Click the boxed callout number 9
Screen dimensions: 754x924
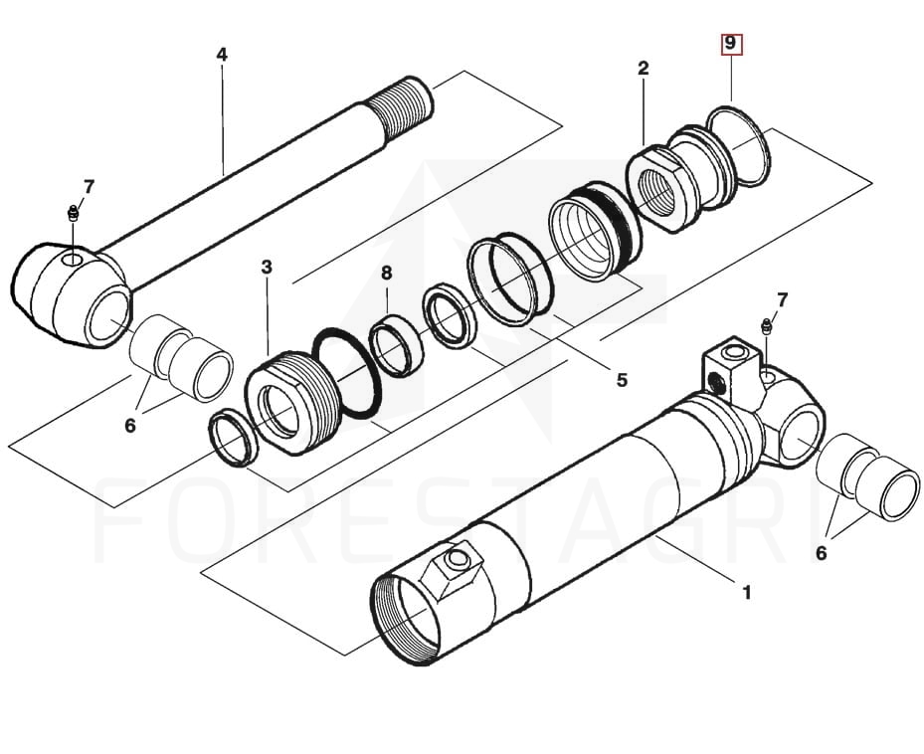coord(731,44)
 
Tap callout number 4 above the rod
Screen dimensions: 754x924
coord(222,54)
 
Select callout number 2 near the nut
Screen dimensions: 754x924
coord(644,69)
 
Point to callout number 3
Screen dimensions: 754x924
coord(267,268)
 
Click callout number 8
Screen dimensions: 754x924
coord(386,273)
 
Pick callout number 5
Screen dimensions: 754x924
coord(622,379)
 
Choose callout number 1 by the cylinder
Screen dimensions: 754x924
coord(746,593)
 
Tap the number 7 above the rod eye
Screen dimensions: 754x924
coord(90,186)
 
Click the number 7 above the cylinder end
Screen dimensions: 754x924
coord(782,299)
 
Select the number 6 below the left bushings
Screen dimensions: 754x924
coord(129,425)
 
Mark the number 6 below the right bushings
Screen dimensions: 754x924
coord(821,553)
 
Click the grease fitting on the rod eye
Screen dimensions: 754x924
coord(73,213)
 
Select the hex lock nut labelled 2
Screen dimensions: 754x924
coord(657,188)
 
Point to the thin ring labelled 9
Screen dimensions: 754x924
coord(739,146)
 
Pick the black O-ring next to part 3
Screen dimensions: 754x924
coord(347,374)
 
